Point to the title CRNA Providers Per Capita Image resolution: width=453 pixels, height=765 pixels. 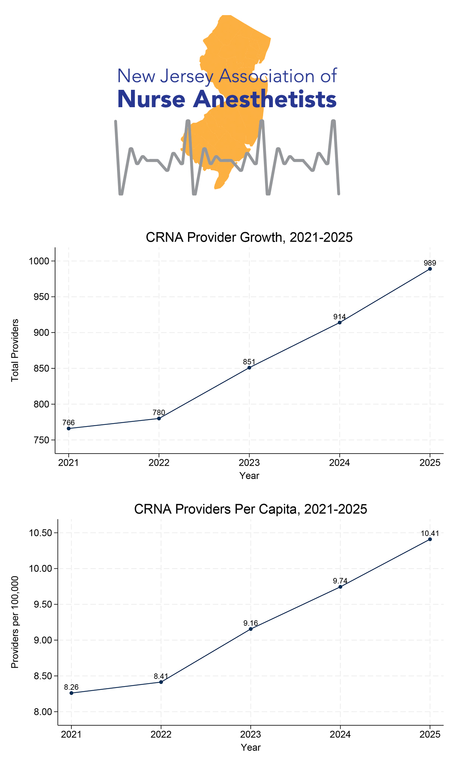(x=250, y=509)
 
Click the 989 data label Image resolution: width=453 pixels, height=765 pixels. (x=430, y=263)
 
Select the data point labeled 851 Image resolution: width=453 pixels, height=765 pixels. (x=249, y=368)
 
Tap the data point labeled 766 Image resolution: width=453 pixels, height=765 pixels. (x=69, y=428)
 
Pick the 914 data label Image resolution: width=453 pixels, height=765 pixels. (x=340, y=317)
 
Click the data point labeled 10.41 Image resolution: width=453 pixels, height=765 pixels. (x=430, y=539)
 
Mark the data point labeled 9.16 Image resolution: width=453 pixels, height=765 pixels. (x=251, y=629)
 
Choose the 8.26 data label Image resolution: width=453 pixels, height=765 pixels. (x=71, y=687)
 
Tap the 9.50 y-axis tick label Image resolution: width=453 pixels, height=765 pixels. (x=43, y=605)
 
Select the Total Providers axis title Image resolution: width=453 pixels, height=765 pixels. (x=15, y=350)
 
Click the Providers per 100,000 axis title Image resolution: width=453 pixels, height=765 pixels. (x=15, y=622)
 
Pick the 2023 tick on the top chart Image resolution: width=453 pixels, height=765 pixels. (x=249, y=463)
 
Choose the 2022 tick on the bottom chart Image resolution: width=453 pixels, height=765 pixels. (x=161, y=734)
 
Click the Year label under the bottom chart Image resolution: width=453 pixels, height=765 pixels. (x=251, y=747)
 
